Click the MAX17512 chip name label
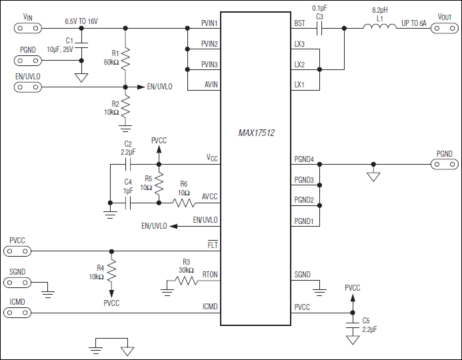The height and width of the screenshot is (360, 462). coord(256,133)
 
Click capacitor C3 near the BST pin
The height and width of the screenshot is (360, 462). coord(319,28)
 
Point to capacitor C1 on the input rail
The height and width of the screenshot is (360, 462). coord(81,46)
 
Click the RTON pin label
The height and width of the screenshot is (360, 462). coord(209,273)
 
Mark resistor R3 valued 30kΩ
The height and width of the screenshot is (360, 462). coord(186,281)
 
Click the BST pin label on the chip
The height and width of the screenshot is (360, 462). coord(299,23)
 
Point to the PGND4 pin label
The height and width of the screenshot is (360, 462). coord(304,159)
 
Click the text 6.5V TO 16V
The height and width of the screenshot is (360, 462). coord(81,21)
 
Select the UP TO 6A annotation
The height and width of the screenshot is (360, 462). coord(413,23)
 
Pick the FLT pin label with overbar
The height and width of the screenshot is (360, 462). coord(213,245)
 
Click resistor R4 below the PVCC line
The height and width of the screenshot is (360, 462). coord(112,271)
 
